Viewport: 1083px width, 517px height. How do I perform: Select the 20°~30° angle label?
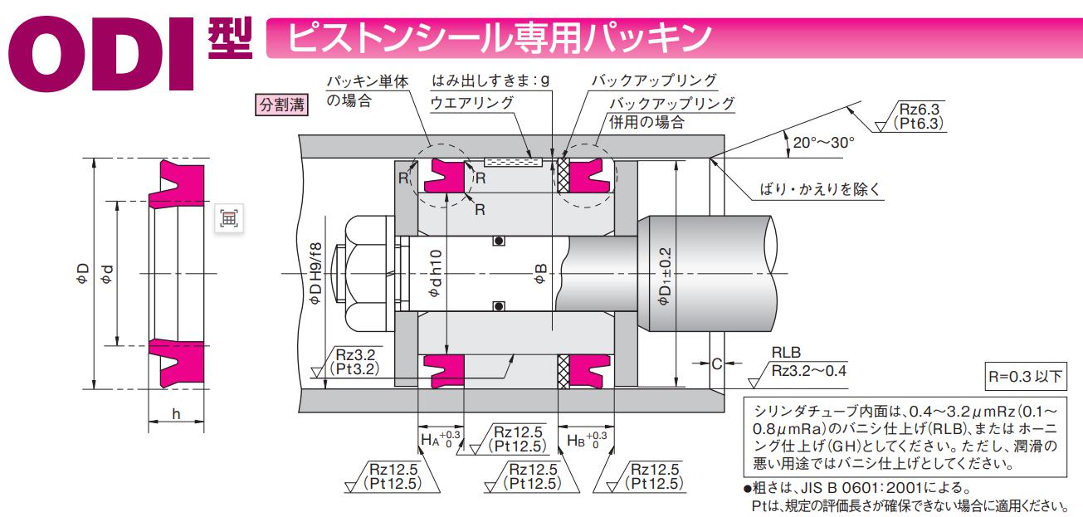point(823,142)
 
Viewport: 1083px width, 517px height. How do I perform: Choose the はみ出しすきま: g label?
point(491,81)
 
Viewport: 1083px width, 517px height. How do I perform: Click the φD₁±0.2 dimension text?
point(664,275)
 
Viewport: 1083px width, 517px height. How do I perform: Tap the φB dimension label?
point(540,275)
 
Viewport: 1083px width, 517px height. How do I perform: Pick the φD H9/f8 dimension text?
point(316,275)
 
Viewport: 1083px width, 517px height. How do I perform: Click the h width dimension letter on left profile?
point(176,413)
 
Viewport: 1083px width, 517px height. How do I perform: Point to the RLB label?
point(786,353)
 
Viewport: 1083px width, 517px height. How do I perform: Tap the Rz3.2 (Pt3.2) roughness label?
point(354,360)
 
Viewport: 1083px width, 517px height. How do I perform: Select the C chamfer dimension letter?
point(715,363)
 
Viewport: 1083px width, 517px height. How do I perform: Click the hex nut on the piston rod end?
point(363,274)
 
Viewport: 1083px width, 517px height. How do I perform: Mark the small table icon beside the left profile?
point(228,217)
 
